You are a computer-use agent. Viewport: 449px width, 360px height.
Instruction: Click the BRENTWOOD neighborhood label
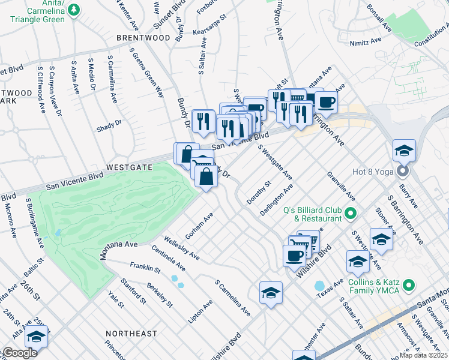(x=143, y=38)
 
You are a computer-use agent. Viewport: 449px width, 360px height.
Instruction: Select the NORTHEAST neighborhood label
(x=131, y=333)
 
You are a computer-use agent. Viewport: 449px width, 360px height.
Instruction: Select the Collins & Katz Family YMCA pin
(x=409, y=284)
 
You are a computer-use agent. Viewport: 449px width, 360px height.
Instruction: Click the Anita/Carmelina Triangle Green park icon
(x=73, y=10)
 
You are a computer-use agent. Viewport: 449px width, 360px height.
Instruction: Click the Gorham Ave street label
(x=200, y=226)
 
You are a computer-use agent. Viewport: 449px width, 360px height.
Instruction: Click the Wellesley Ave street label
(x=182, y=248)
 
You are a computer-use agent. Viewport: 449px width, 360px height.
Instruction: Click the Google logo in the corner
(x=19, y=353)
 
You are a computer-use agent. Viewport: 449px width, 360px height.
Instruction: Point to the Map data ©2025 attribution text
(x=424, y=355)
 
